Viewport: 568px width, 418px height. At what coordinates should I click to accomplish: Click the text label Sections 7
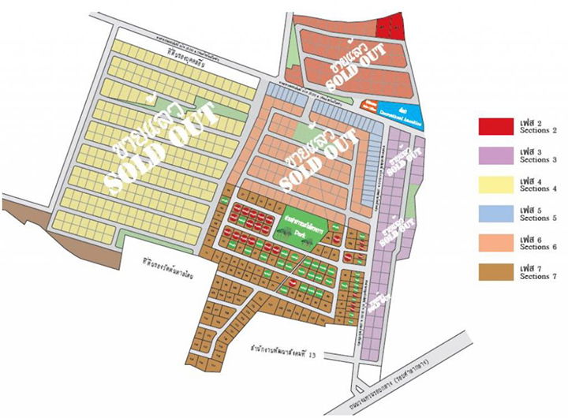tap(539, 276)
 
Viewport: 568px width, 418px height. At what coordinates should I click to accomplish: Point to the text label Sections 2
tap(539, 129)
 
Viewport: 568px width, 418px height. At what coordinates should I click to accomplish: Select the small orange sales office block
tap(368, 104)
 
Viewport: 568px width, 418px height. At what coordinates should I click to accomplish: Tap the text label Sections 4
tap(539, 188)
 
